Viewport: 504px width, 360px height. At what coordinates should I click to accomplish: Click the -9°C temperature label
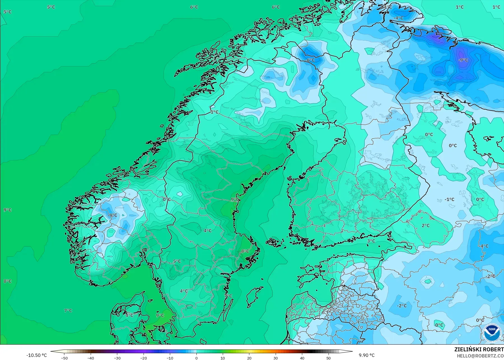(463, 60)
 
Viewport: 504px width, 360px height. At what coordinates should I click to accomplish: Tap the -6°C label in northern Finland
(310, 60)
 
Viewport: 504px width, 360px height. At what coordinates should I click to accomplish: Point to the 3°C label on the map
(371, 241)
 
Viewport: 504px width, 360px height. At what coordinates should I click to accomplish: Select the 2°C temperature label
(426, 225)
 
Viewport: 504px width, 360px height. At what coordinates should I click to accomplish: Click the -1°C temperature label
(449, 199)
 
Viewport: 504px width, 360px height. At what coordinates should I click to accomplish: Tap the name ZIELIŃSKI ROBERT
(479, 349)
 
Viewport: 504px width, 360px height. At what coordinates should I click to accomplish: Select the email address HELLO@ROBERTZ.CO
(480, 356)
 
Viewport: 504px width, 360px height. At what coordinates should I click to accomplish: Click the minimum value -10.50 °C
(37, 355)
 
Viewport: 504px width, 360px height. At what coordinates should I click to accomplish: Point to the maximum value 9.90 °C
(367, 355)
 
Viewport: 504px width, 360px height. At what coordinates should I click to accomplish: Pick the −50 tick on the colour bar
(64, 358)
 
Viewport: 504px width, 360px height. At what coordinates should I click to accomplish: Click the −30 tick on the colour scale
(117, 358)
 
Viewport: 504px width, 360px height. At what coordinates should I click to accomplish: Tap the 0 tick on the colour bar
(196, 358)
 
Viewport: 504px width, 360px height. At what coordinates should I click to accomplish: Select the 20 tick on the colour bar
(249, 358)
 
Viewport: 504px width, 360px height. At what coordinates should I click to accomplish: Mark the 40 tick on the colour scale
(302, 358)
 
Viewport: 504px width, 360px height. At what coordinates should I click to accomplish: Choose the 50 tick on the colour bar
(329, 358)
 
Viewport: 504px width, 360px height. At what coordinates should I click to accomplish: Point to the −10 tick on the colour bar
(170, 358)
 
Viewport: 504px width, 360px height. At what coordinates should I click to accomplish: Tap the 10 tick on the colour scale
(223, 358)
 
